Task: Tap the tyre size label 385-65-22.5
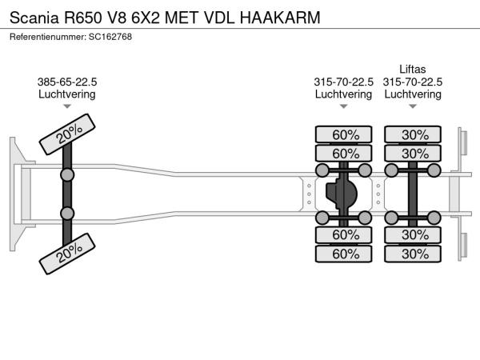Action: pos(67,82)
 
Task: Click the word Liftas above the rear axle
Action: pos(412,69)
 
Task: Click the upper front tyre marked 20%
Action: pos(69,135)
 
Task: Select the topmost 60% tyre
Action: pos(345,134)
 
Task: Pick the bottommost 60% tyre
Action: pos(345,254)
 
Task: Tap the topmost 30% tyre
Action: pos(414,134)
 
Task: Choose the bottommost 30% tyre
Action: pos(414,254)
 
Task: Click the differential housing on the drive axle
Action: pos(342,194)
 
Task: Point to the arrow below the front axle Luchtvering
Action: pos(67,106)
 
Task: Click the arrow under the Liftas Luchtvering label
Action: pos(413,106)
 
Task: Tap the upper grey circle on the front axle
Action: pos(68,174)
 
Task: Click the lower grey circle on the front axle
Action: pos(68,214)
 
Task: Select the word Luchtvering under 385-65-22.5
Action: pos(67,94)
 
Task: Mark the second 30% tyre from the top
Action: pos(414,154)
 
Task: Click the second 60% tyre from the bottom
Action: pos(345,234)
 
